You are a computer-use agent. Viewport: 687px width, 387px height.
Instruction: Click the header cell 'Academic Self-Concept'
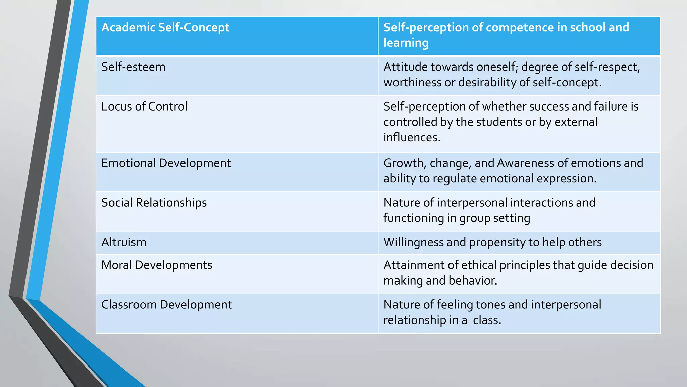point(165,27)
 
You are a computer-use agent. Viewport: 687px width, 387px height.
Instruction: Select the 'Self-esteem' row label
point(133,67)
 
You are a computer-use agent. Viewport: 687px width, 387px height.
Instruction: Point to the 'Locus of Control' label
point(144,106)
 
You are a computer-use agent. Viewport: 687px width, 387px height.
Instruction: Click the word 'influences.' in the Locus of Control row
point(412,137)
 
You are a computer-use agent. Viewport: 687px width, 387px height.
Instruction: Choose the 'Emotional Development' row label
point(166,163)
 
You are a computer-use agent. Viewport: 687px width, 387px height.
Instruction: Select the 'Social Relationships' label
point(154,203)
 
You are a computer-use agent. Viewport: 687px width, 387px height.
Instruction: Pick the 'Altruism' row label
point(124,242)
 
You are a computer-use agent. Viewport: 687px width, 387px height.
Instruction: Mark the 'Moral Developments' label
point(157,265)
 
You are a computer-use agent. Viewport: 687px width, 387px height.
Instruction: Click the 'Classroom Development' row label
point(166,305)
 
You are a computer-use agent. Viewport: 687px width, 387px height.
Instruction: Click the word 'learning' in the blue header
point(406,43)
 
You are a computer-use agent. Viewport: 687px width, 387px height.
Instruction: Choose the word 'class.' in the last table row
point(487,320)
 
